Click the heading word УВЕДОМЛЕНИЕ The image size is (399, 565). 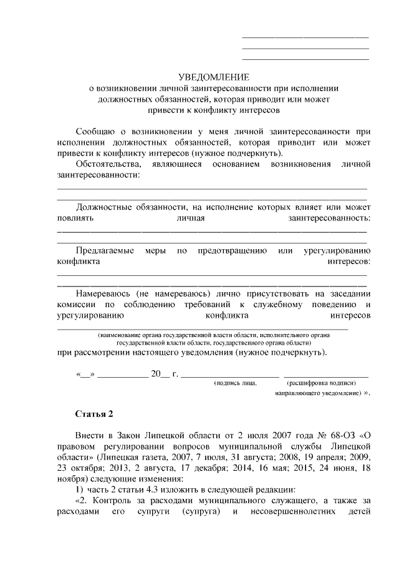[x=214, y=77]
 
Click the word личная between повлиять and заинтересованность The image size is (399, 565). [x=191, y=218]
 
